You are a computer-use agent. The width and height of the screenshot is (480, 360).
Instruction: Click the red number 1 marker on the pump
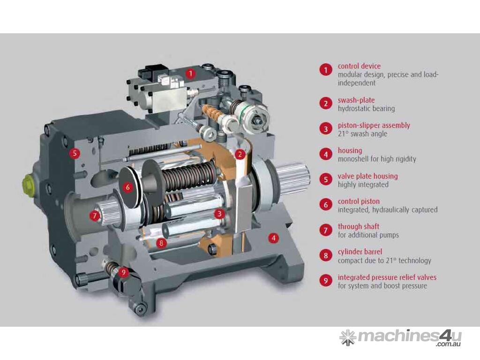pyautogui.click(x=191, y=74)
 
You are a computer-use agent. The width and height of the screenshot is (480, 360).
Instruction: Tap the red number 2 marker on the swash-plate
pyautogui.click(x=240, y=154)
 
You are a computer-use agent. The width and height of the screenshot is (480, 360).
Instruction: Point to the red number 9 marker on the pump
pyautogui.click(x=123, y=272)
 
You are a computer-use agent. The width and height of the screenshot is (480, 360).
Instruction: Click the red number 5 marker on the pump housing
pyautogui.click(x=75, y=153)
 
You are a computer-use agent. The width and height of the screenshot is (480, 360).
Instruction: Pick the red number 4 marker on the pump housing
pyautogui.click(x=274, y=238)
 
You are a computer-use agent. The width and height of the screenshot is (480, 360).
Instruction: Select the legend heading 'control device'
pyautogui.click(x=359, y=66)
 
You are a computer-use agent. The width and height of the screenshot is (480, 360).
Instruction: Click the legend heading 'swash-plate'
pyautogui.click(x=356, y=100)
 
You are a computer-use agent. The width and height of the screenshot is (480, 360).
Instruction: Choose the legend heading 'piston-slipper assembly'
pyautogui.click(x=374, y=125)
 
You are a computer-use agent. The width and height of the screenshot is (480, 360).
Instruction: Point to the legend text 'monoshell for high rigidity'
pyautogui.click(x=377, y=159)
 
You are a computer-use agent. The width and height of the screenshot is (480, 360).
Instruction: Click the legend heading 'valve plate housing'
pyautogui.click(x=367, y=176)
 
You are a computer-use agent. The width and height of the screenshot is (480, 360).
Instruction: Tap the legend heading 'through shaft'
pyautogui.click(x=359, y=226)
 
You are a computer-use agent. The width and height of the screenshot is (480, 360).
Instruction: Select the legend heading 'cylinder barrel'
pyautogui.click(x=360, y=252)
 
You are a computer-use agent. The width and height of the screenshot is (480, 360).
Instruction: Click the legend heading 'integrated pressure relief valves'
pyautogui.click(x=387, y=277)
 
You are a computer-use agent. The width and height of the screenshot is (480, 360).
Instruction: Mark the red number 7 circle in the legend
pyautogui.click(x=326, y=230)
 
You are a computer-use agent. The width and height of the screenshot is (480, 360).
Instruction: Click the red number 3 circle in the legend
pyautogui.click(x=326, y=129)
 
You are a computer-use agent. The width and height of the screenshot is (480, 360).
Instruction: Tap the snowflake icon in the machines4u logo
pyautogui.click(x=348, y=337)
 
